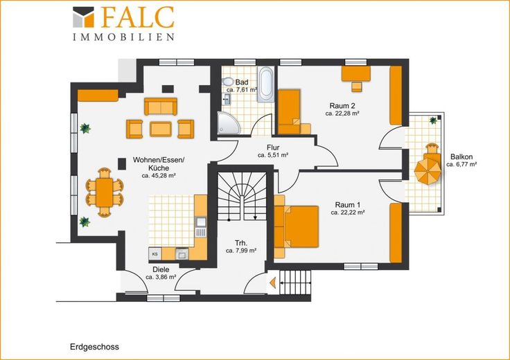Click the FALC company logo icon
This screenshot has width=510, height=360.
(x=83, y=17)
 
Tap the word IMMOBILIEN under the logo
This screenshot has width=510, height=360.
(x=123, y=37)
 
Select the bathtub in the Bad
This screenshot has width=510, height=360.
(x=266, y=84)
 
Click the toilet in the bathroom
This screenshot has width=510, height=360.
(x=228, y=82)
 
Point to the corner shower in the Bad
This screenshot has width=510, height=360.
(x=228, y=123)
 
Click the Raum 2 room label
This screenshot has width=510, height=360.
(x=342, y=106)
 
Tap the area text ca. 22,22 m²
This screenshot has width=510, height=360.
(x=348, y=213)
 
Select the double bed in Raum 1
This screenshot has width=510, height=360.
(x=297, y=226)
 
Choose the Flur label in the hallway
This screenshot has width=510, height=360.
(x=273, y=148)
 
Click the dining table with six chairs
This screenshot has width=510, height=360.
(x=105, y=192)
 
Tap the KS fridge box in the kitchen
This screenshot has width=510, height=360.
(x=155, y=254)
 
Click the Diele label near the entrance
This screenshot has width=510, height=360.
(x=161, y=270)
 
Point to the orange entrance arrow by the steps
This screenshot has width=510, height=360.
(x=272, y=282)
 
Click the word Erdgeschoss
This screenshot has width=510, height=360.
(x=94, y=347)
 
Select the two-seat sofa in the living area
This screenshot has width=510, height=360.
(x=161, y=107)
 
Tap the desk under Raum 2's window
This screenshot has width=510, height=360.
(x=356, y=74)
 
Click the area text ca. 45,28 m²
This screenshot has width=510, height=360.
(x=159, y=176)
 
